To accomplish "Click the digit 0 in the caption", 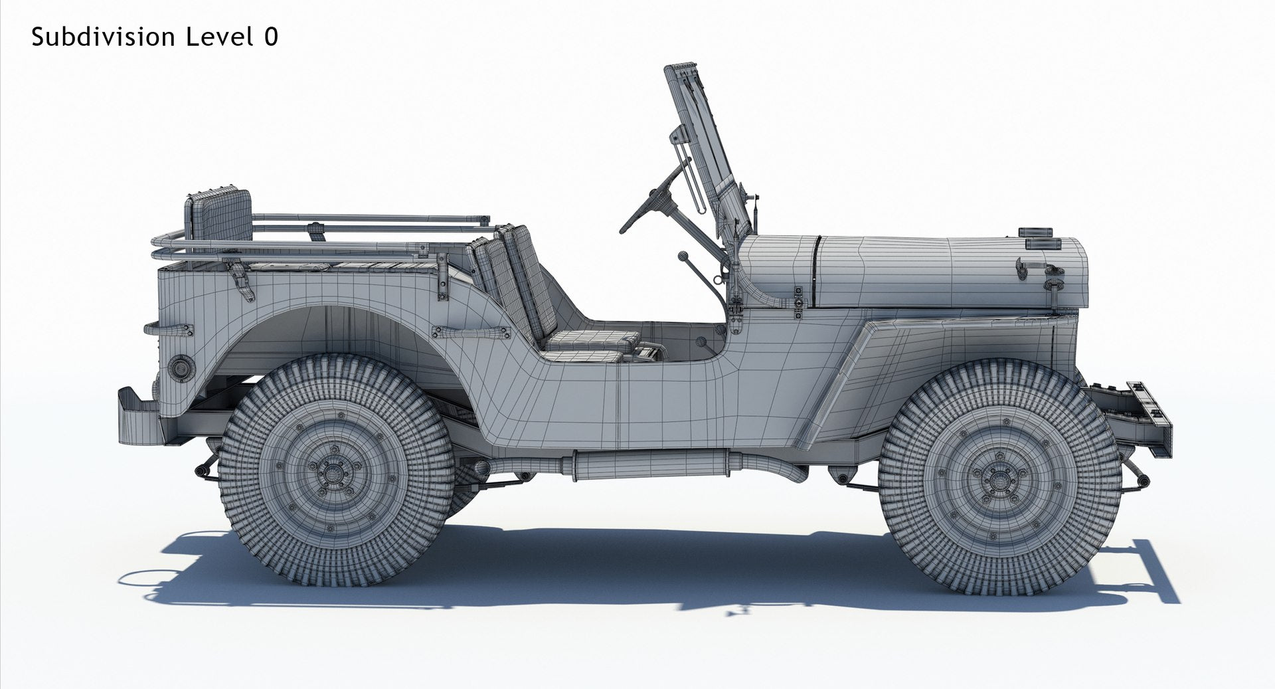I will pos(270,37).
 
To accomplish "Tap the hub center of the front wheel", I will pos(998,474).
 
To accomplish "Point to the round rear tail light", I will pos(180,367).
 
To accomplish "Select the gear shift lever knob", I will pos(682,255).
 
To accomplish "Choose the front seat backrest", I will pos(531,279).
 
